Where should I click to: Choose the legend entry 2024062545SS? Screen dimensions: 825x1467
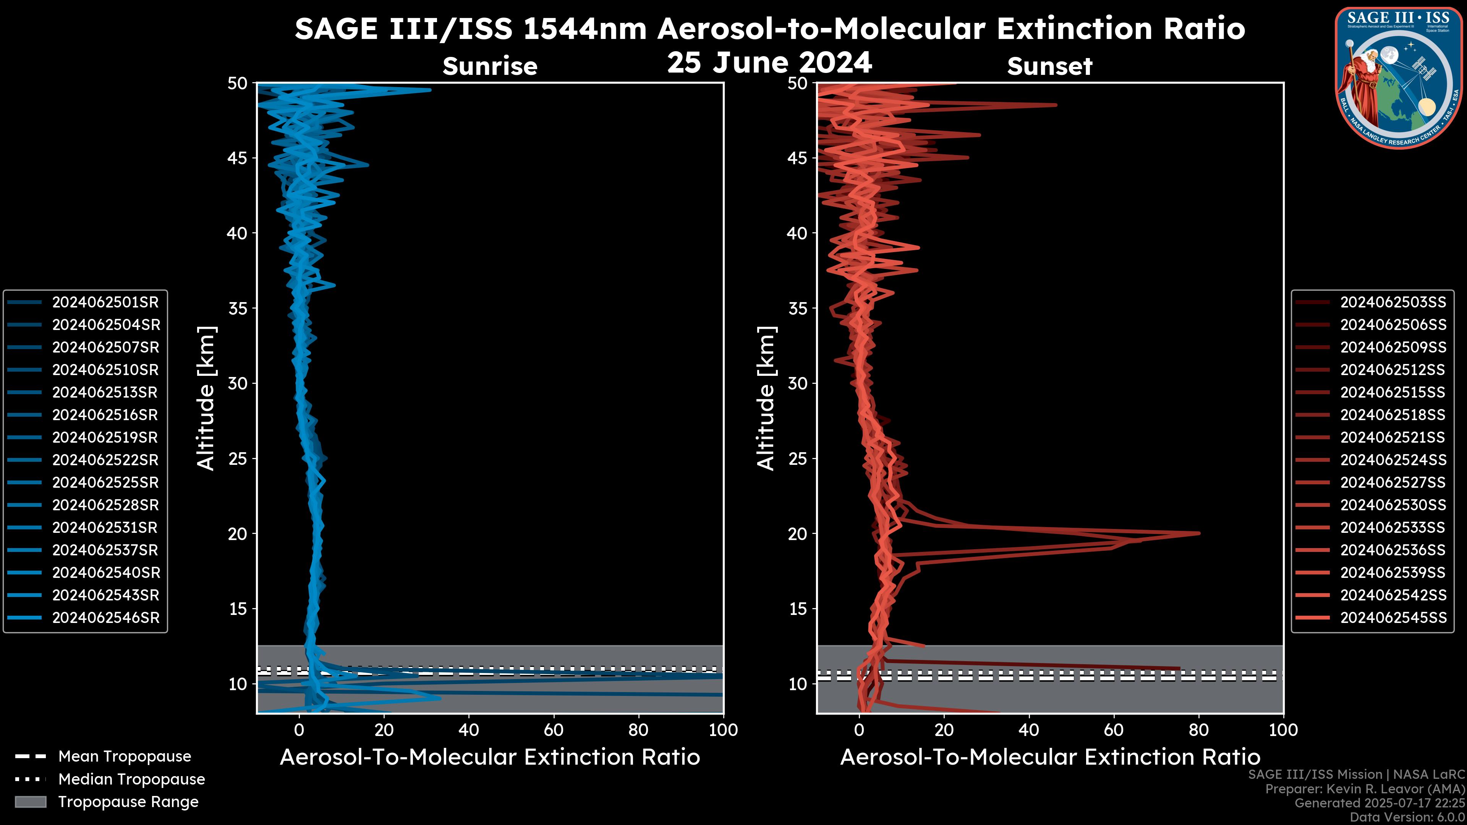[1393, 618]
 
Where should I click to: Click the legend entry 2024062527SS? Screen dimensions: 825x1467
[1393, 483]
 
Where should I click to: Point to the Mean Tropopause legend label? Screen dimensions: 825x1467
[125, 757]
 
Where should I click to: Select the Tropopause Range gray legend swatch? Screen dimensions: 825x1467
[31, 802]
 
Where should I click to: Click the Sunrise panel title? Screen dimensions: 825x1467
[490, 66]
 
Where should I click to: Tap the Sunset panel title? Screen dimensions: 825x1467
[1049, 66]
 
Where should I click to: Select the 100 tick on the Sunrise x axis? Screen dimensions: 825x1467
[723, 730]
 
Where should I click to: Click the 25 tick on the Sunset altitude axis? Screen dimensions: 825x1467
[798, 459]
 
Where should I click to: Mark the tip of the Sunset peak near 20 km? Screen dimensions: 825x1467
[1199, 534]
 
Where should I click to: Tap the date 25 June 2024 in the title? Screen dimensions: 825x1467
[769, 63]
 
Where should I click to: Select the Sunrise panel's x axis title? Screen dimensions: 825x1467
[490, 757]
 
